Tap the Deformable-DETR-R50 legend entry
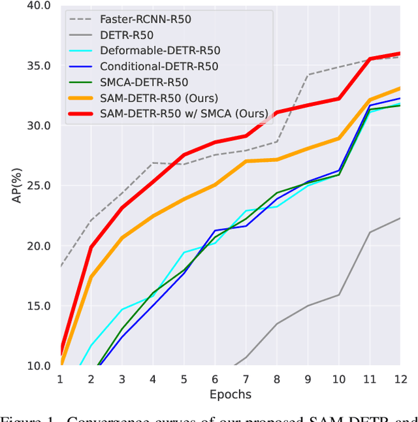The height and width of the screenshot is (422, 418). [x=160, y=50]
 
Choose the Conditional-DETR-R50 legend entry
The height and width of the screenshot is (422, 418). [x=159, y=66]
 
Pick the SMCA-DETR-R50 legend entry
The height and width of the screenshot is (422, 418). [x=144, y=82]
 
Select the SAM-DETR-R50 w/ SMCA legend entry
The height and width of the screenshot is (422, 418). [x=184, y=114]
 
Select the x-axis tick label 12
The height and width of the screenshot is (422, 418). [x=400, y=380]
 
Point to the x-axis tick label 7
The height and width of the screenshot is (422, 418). [x=246, y=380]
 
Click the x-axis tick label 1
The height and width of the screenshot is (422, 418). [x=60, y=380]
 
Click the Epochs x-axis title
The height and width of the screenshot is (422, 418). [x=230, y=395]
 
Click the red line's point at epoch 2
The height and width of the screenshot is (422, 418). [x=91, y=247]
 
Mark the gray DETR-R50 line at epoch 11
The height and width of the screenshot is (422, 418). [x=370, y=232]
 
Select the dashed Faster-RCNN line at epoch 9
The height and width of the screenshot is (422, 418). [x=308, y=74]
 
